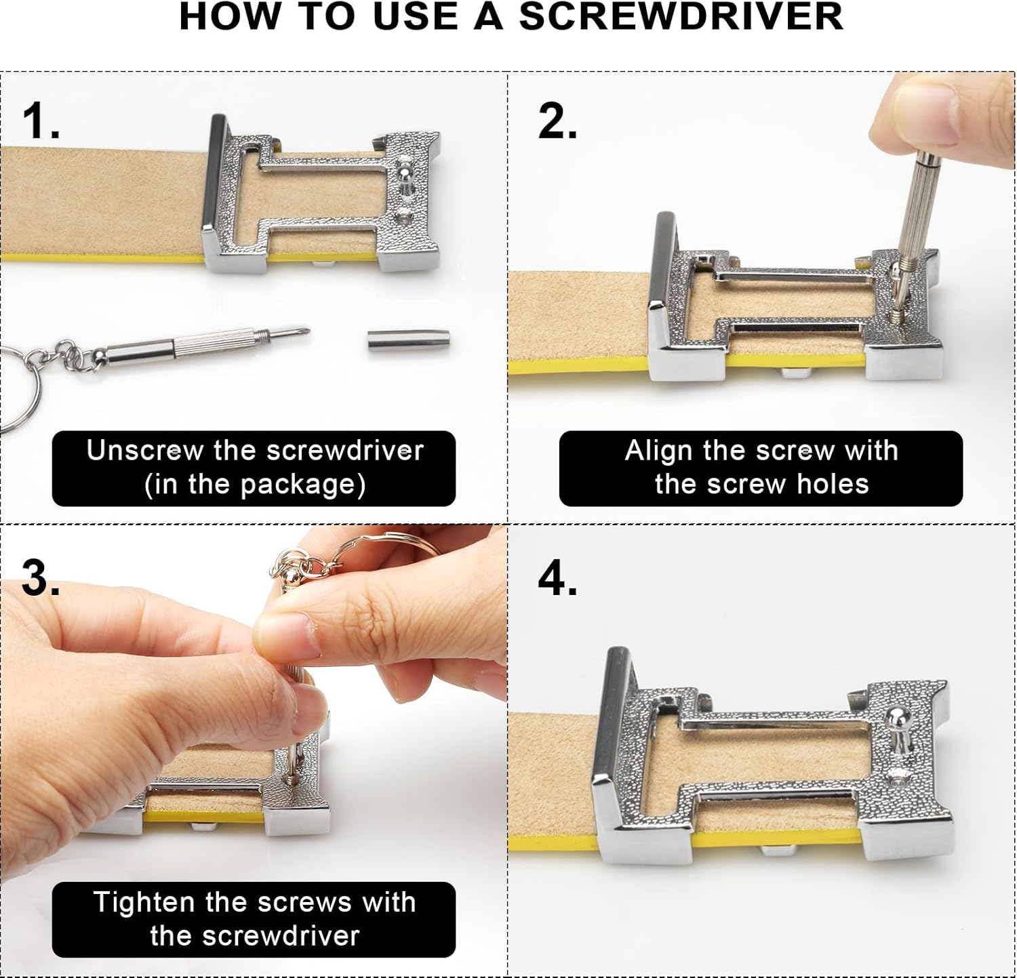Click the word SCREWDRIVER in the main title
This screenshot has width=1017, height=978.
point(681,17)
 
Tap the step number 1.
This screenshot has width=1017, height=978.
point(41,122)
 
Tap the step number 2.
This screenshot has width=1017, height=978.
point(557,122)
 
